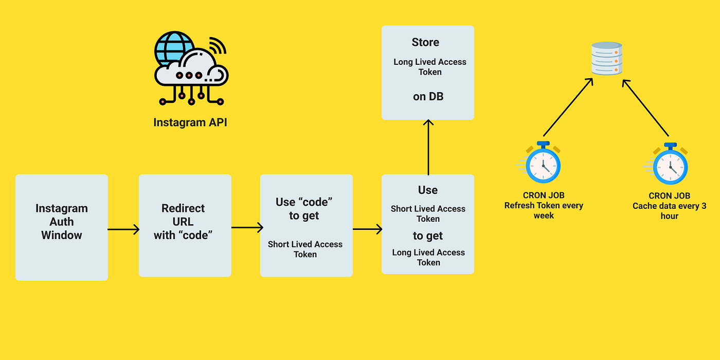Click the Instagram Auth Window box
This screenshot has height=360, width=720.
tap(61, 227)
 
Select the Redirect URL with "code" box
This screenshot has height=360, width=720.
tap(185, 225)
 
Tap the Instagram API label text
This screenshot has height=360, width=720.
tap(190, 122)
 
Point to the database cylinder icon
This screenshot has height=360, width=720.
tap(607, 58)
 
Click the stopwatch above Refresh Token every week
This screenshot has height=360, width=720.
tap(543, 165)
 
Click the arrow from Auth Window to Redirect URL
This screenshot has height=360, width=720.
tap(123, 229)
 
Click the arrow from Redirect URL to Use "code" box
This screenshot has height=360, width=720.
tap(246, 227)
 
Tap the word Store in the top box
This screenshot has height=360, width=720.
tap(425, 42)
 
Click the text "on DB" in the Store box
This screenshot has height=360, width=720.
tap(428, 96)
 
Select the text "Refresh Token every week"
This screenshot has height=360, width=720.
tap(544, 210)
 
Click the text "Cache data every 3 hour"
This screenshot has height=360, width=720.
tap(669, 211)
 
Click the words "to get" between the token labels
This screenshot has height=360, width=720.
tap(428, 236)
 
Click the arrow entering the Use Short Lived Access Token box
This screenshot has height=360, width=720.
tap(367, 229)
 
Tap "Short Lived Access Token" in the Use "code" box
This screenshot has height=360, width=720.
tap(305, 249)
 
